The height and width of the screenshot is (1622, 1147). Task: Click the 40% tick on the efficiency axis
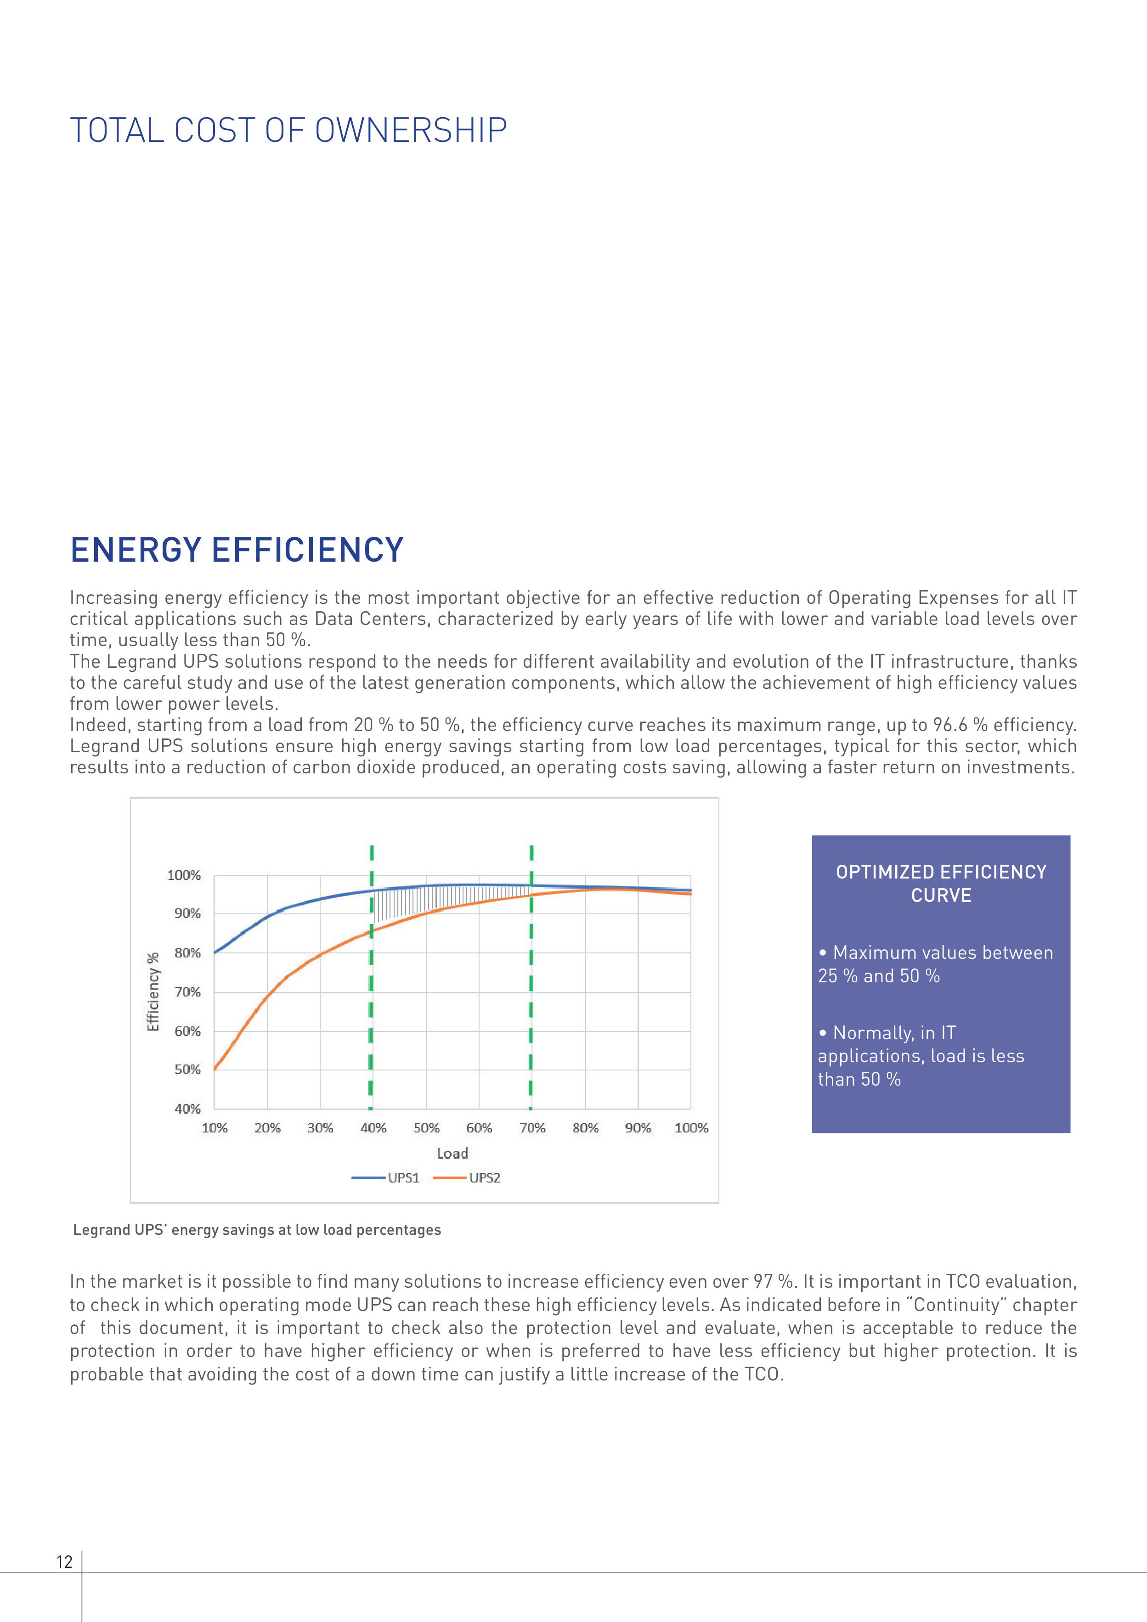coord(187,1109)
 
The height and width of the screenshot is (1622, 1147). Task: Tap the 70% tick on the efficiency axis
coord(187,992)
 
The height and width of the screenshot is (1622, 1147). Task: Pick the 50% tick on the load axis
coord(426,1127)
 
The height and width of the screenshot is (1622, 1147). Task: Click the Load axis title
coord(452,1153)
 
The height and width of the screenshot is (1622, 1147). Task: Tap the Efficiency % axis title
coord(153,992)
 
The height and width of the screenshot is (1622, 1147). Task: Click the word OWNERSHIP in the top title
coord(411,131)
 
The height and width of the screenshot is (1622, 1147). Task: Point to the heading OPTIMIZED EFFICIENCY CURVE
coord(941,884)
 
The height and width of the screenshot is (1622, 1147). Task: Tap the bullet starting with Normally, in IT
coord(921,1055)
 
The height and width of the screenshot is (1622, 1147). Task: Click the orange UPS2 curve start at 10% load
coord(215,1069)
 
